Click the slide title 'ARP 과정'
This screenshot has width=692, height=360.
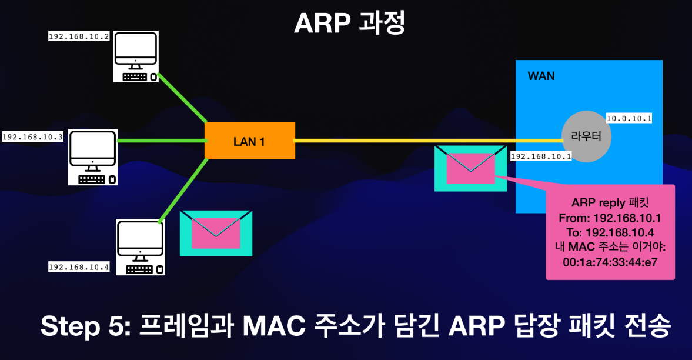[349, 24]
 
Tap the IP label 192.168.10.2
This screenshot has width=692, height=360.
[79, 36]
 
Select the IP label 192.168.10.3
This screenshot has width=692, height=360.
[32, 137]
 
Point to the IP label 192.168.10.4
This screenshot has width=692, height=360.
[79, 267]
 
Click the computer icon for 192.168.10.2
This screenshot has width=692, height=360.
[136, 56]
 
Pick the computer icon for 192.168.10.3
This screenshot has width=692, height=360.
[93, 157]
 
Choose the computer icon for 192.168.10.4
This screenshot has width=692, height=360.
[140, 247]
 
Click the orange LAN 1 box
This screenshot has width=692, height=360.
[249, 141]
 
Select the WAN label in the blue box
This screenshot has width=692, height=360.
[541, 76]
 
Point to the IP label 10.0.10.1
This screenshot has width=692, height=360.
[629, 119]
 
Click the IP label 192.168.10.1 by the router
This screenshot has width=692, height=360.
[541, 156]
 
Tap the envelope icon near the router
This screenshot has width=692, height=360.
[470, 168]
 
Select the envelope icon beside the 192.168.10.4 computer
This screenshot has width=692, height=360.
[216, 233]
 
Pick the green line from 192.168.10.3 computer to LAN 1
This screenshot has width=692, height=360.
[161, 141]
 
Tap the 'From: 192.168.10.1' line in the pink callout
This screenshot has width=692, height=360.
[610, 218]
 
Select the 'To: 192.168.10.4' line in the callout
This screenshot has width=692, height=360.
[610, 232]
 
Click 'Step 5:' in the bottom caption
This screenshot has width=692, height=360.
[82, 326]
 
